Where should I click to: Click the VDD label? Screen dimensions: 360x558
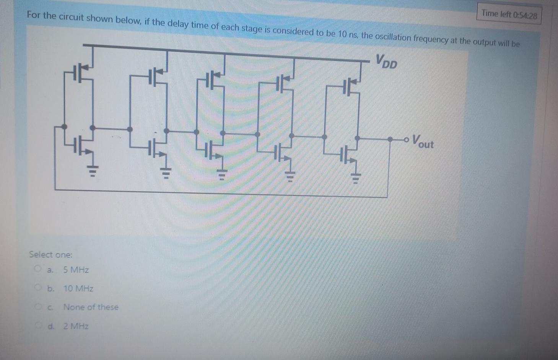coord(386,61)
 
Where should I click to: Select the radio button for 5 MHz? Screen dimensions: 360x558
coord(37,269)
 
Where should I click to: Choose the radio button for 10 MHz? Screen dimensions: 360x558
coord(37,287)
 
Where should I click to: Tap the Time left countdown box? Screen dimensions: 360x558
coord(509,15)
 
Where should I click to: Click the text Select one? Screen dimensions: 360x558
coord(50,255)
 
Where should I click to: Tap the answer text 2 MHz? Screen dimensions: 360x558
coord(76,326)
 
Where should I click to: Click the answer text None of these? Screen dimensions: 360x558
coord(91,307)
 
